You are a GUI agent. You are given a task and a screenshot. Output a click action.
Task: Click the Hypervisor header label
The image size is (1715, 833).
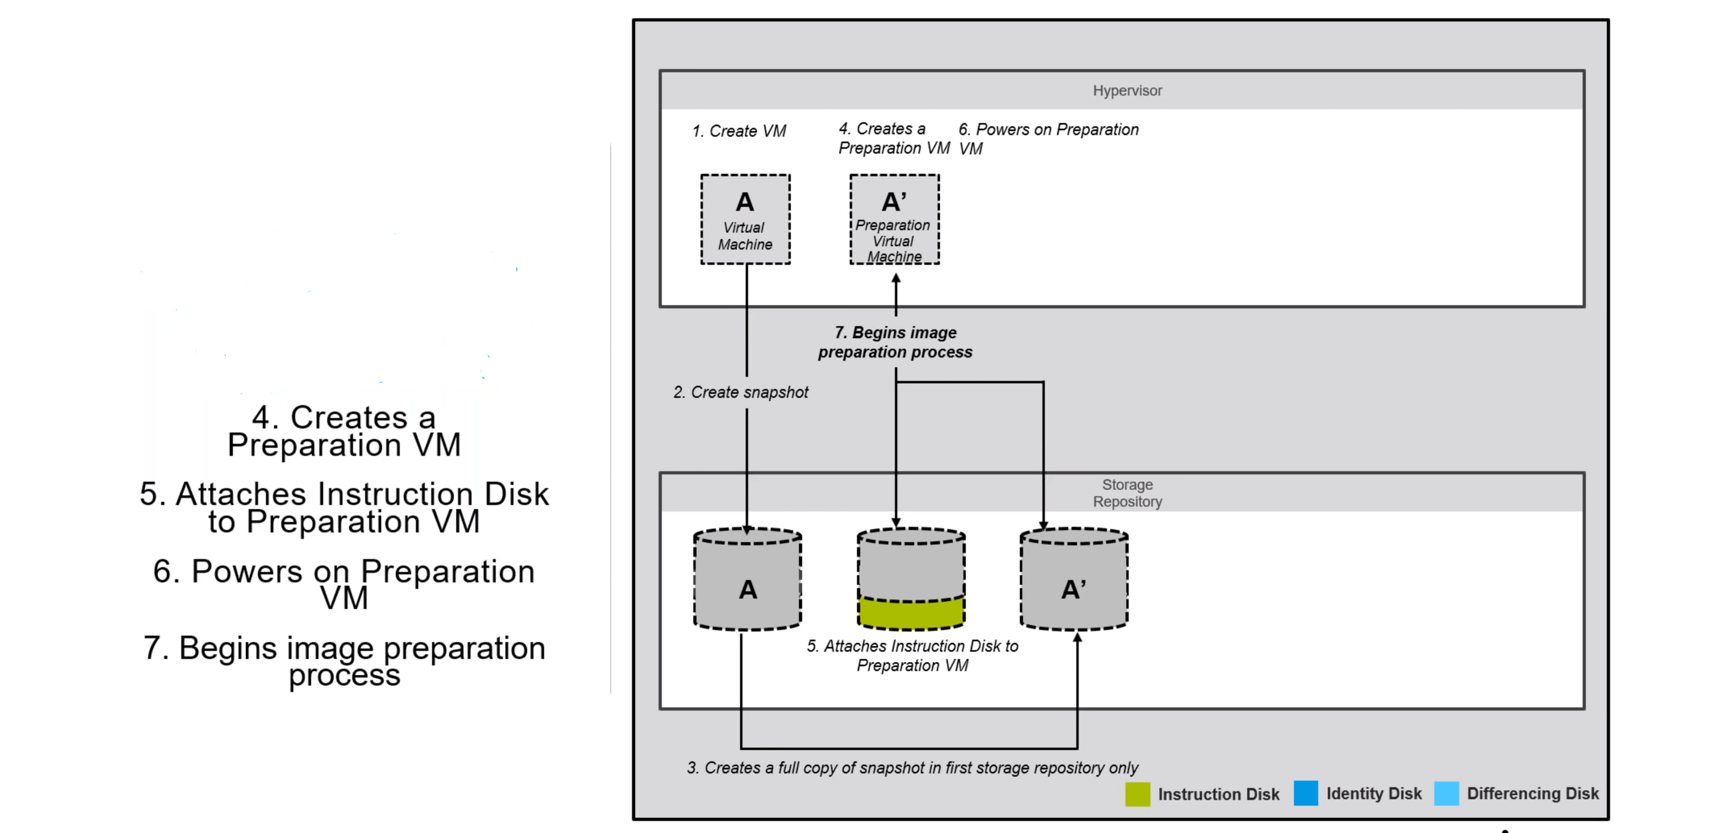coord(1126,90)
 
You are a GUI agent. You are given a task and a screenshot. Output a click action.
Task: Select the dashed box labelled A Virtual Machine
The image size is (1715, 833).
coord(745,220)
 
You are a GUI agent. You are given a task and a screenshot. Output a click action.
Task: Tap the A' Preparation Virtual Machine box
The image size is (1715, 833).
coord(894,220)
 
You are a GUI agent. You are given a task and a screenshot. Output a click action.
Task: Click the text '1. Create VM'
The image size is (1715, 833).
coord(739,131)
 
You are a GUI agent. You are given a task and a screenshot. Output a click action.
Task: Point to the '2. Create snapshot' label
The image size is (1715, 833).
coord(740,393)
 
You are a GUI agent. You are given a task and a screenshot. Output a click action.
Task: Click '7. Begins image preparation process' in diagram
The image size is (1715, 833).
coord(895,342)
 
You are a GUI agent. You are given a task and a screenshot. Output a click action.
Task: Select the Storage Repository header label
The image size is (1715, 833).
coord(1126,493)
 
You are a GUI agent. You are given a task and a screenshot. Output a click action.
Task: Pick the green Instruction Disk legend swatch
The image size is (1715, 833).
coord(1137,794)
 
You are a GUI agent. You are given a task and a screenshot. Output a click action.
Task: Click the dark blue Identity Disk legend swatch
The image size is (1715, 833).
coord(1306,793)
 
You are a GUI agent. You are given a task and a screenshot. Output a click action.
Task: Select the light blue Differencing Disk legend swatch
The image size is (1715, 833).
coord(1446,793)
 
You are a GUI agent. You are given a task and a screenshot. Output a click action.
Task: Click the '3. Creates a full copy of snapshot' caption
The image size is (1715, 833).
coord(912,768)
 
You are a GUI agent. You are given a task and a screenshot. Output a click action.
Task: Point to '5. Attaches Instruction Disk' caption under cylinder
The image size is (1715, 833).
coord(912,655)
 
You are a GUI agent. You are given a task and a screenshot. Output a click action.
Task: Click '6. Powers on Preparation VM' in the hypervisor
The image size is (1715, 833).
coord(1048,138)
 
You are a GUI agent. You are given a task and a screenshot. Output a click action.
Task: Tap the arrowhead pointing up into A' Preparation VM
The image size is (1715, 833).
coord(896,279)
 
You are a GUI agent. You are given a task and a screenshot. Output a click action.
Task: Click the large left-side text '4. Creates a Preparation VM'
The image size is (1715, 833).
coord(343,431)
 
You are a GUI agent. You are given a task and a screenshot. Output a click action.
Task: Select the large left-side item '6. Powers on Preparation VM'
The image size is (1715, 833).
coord(343,584)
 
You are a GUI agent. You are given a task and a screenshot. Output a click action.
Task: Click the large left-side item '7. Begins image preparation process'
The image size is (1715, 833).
coord(343,660)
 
